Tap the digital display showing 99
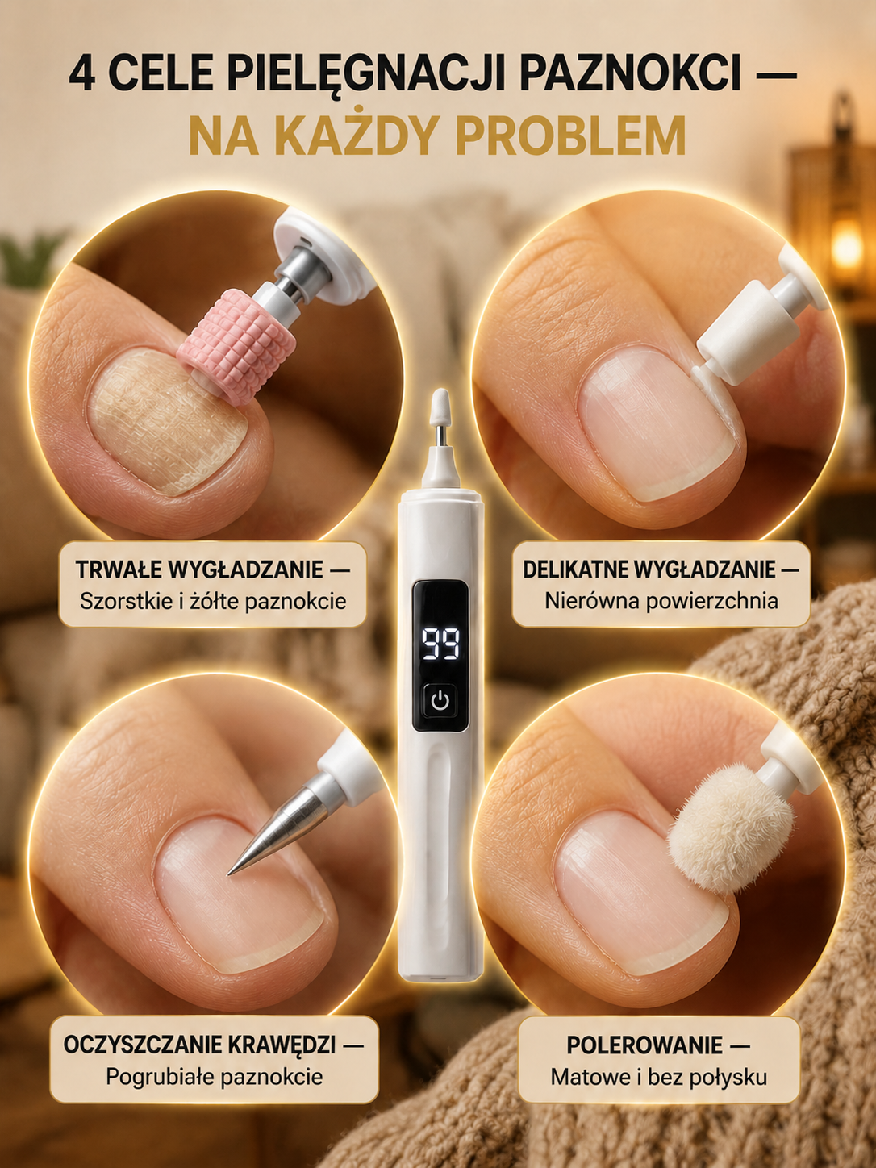point(441,644)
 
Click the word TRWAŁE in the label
point(119,569)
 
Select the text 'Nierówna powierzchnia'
point(661,601)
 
